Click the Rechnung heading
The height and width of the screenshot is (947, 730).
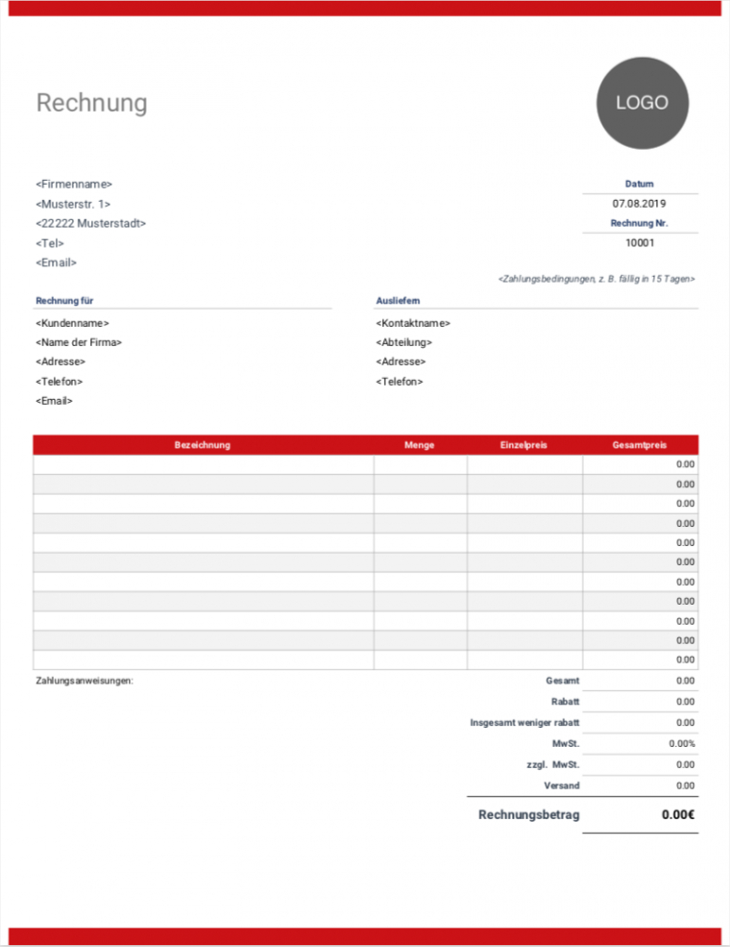(x=91, y=103)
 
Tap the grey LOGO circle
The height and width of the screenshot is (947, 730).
(x=642, y=102)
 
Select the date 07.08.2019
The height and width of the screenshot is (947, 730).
(x=639, y=204)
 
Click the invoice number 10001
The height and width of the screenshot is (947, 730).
(x=639, y=243)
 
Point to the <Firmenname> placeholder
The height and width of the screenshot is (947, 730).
(x=74, y=184)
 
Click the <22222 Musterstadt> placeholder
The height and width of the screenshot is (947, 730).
(x=90, y=223)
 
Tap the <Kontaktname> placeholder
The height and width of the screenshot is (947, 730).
(x=413, y=323)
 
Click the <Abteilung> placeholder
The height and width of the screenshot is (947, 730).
(x=404, y=342)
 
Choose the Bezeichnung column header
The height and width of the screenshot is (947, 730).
(x=202, y=445)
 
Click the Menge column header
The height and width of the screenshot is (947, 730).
(x=420, y=445)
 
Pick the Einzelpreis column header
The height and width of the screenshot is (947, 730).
(x=523, y=445)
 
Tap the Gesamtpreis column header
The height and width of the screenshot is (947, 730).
(x=639, y=445)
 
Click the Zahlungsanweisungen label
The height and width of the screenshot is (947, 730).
(x=85, y=681)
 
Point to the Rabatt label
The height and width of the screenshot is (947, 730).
(x=565, y=702)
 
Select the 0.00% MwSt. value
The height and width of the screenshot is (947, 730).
(x=682, y=743)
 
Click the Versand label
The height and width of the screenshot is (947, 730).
(x=561, y=785)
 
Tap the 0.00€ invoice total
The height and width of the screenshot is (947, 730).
(x=678, y=815)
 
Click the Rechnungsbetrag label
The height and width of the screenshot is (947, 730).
(x=528, y=815)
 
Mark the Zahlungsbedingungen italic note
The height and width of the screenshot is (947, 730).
(x=596, y=279)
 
